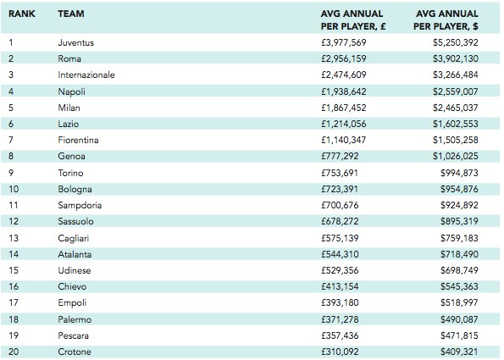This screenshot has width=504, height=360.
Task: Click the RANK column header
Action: (x=22, y=14)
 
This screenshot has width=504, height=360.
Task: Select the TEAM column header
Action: (x=71, y=14)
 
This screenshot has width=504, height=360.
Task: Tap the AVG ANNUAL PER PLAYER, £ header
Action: (x=353, y=20)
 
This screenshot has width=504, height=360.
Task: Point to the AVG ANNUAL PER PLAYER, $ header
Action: (x=446, y=20)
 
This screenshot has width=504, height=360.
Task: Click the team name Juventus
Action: (x=76, y=42)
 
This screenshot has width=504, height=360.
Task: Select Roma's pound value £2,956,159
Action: (x=344, y=58)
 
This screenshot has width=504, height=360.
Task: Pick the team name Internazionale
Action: (x=86, y=75)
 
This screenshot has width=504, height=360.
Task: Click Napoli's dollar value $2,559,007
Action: (x=456, y=91)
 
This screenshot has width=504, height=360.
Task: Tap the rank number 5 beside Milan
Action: (x=11, y=108)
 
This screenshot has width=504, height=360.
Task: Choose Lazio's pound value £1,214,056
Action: (x=344, y=124)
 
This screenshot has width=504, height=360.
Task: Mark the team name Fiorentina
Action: (x=78, y=140)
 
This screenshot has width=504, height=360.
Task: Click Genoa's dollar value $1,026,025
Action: (x=456, y=156)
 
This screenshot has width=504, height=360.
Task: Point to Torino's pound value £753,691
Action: (x=340, y=173)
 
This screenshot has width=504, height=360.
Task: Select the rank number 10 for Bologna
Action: (x=14, y=189)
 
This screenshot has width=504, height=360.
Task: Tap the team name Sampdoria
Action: (x=80, y=205)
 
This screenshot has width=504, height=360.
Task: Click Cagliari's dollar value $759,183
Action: (x=459, y=238)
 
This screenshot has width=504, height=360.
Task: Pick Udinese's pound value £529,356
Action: (x=340, y=270)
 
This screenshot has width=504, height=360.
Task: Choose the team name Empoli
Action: (x=72, y=302)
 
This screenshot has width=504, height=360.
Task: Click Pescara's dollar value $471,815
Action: (x=459, y=335)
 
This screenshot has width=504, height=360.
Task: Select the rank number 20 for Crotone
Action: (x=14, y=352)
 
